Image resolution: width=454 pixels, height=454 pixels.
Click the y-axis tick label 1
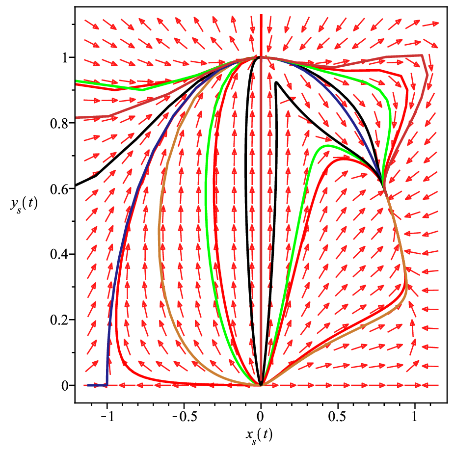pos(64,57)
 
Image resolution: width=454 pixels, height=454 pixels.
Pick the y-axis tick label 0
pos(64,386)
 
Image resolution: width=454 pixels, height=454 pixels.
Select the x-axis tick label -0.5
pos(185,417)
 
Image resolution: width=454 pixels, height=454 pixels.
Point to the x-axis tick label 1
pos(415,417)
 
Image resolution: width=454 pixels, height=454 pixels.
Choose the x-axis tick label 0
pos(261,417)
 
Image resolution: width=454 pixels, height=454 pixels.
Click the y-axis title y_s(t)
pos(24,205)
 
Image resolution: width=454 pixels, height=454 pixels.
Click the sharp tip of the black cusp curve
pos(276,82)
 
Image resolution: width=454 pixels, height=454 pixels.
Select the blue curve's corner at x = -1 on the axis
pos(107,385)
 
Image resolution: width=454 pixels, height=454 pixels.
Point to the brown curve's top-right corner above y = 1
pos(422,55)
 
